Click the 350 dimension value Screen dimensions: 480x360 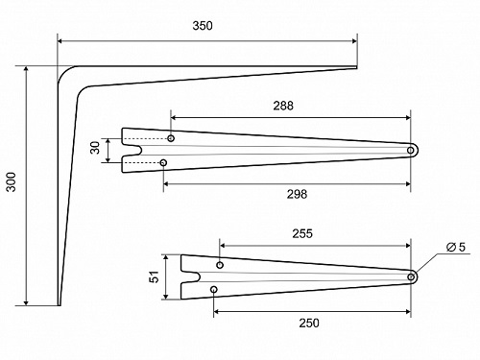[x=203, y=26]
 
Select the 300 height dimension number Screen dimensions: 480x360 [x=12, y=182]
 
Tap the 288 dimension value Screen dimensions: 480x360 [x=283, y=106]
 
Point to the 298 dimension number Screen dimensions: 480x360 [x=297, y=194]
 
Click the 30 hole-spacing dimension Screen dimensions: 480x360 [x=95, y=148]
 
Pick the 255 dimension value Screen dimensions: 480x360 [x=302, y=234]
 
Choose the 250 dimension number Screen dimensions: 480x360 [x=309, y=324]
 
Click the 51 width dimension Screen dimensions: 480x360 [x=155, y=276]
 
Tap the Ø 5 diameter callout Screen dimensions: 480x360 [x=456, y=247]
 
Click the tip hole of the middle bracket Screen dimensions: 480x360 [x=411, y=151]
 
